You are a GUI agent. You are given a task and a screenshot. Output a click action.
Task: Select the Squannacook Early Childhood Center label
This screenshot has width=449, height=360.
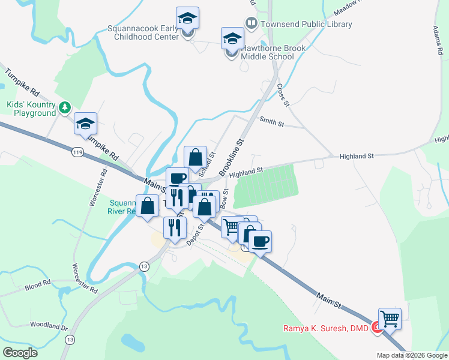click(x=143, y=32)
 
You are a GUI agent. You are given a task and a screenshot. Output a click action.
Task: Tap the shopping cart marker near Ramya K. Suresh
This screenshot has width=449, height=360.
click(x=390, y=318)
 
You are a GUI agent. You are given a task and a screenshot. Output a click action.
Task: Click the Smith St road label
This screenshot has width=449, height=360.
click(x=271, y=121)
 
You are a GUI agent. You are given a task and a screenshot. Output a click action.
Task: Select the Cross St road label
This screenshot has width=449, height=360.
click(x=283, y=95)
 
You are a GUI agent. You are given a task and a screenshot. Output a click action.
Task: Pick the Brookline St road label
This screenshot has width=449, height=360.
click(x=233, y=158)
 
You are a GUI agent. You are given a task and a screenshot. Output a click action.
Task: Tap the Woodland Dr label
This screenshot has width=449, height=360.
click(x=49, y=326)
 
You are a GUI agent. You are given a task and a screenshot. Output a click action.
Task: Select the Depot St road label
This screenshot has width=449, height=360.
click(x=195, y=234)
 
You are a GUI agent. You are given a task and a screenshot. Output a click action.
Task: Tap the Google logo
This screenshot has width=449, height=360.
click(x=20, y=353)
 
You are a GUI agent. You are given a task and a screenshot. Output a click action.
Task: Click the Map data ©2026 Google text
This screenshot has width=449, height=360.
click(x=412, y=355)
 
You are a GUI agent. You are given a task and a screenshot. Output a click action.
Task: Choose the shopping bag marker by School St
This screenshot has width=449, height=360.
click(x=195, y=157)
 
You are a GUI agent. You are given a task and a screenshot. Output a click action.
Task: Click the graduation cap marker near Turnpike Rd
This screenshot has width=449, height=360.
click(x=86, y=124)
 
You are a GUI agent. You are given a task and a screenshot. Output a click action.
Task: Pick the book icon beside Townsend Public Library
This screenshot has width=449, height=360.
click(x=251, y=24)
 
